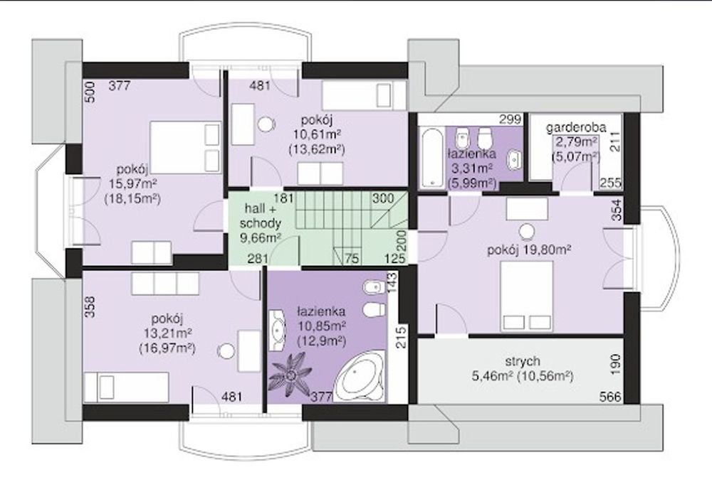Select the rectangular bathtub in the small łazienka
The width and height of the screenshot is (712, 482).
pyautogui.click(x=431, y=159)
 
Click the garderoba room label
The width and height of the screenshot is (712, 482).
pyautogui.click(x=576, y=127)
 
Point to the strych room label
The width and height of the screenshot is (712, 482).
pyautogui.click(x=523, y=361)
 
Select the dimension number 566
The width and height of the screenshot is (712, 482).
pyautogui.click(x=609, y=397)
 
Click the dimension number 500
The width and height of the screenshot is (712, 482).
pyautogui.click(x=91, y=92)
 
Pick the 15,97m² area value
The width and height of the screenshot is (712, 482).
pyautogui.click(x=132, y=184)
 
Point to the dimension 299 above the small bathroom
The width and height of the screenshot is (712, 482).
pyautogui.click(x=510, y=119)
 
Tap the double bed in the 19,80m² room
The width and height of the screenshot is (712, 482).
pyautogui.click(x=527, y=296)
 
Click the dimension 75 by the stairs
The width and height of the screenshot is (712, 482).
pyautogui.click(x=352, y=259)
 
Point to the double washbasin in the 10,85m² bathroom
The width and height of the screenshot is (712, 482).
pyautogui.click(x=276, y=330)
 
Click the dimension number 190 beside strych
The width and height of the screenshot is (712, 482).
pyautogui.click(x=615, y=364)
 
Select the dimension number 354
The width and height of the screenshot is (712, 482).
pyautogui.click(x=616, y=210)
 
